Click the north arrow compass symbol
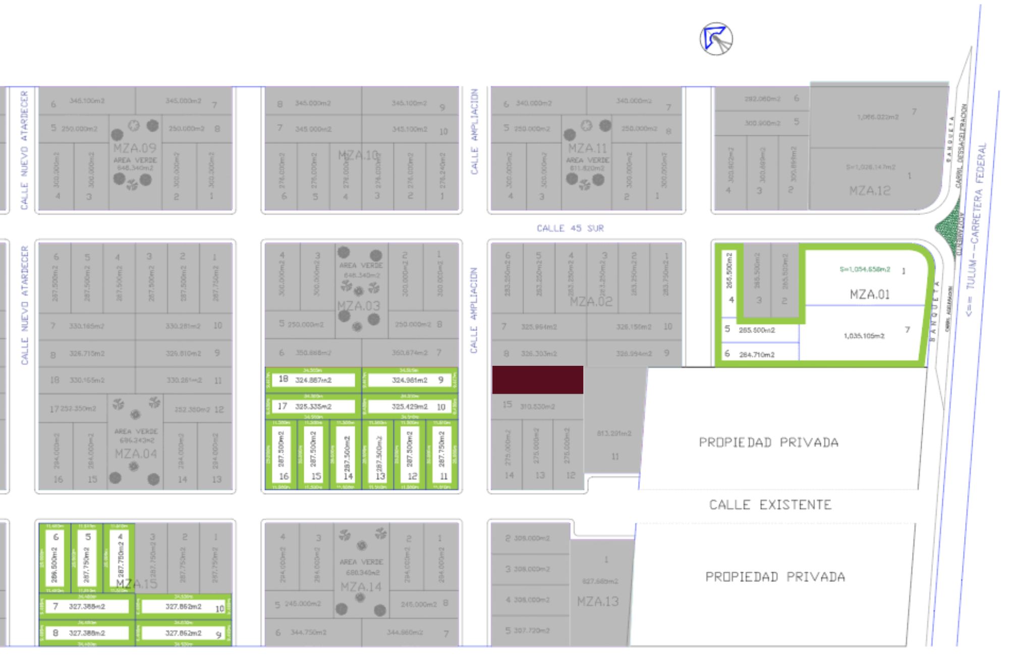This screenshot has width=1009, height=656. (x=716, y=39)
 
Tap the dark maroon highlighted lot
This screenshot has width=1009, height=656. (x=537, y=380)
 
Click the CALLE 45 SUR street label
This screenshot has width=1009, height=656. (x=570, y=229)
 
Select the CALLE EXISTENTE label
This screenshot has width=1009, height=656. (x=770, y=505)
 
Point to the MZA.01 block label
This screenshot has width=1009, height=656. (x=869, y=294)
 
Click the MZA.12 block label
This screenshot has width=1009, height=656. (x=869, y=191)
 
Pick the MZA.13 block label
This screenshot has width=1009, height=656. (x=598, y=602)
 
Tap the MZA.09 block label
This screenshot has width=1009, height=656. (x=135, y=148)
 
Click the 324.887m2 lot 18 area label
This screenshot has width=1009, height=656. (x=313, y=380)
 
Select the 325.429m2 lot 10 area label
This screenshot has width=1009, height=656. (x=409, y=407)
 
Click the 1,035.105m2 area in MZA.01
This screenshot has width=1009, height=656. (x=864, y=336)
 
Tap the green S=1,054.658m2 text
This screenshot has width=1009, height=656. (x=864, y=269)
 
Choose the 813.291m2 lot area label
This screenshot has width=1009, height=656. (x=614, y=433)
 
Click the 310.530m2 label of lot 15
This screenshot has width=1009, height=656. (x=537, y=407)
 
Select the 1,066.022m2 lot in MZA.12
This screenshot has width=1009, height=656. (x=877, y=117)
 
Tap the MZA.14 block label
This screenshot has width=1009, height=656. (x=361, y=587)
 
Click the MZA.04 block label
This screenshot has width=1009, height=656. (x=136, y=454)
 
